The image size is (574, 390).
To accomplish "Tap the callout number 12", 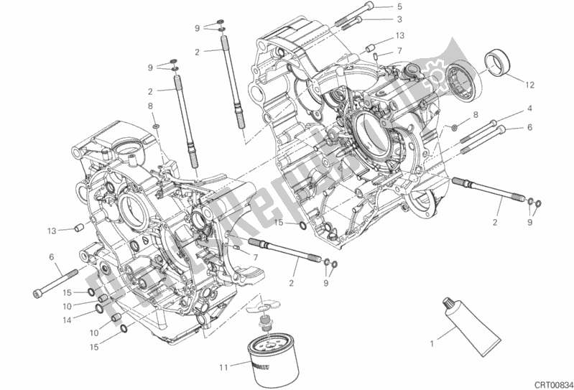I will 529,85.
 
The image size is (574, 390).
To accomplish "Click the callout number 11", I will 223,368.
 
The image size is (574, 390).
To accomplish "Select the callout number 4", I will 529,108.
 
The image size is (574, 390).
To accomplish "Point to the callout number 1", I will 432,343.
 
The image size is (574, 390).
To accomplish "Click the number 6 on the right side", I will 529,128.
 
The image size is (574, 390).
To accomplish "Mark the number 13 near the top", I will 400,35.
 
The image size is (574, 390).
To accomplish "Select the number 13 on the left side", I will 52,231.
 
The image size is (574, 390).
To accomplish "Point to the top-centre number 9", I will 197,28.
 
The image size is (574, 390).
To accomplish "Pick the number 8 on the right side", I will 475,115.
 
